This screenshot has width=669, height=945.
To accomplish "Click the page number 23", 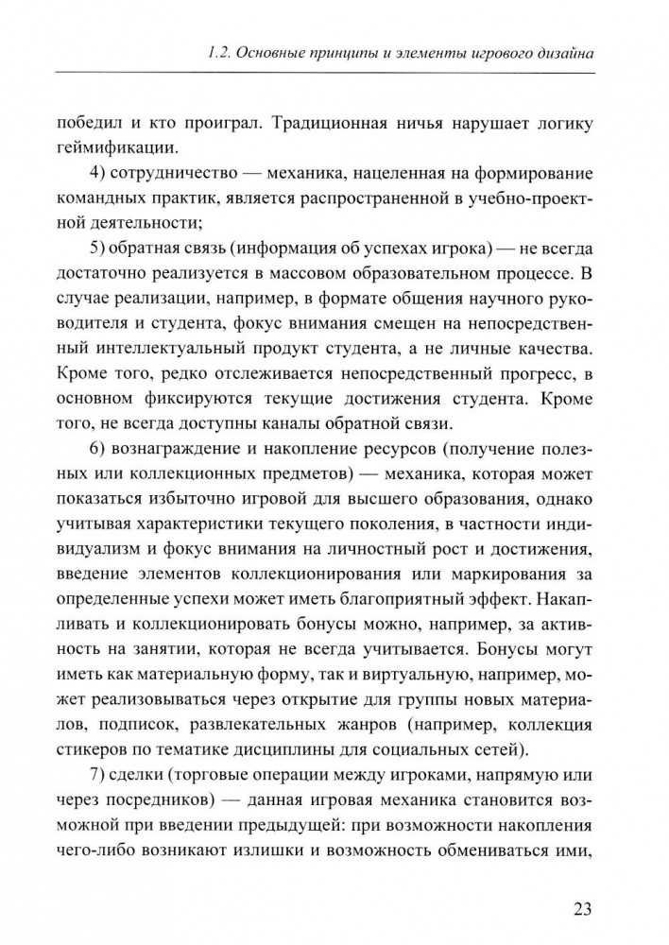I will [583, 910].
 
